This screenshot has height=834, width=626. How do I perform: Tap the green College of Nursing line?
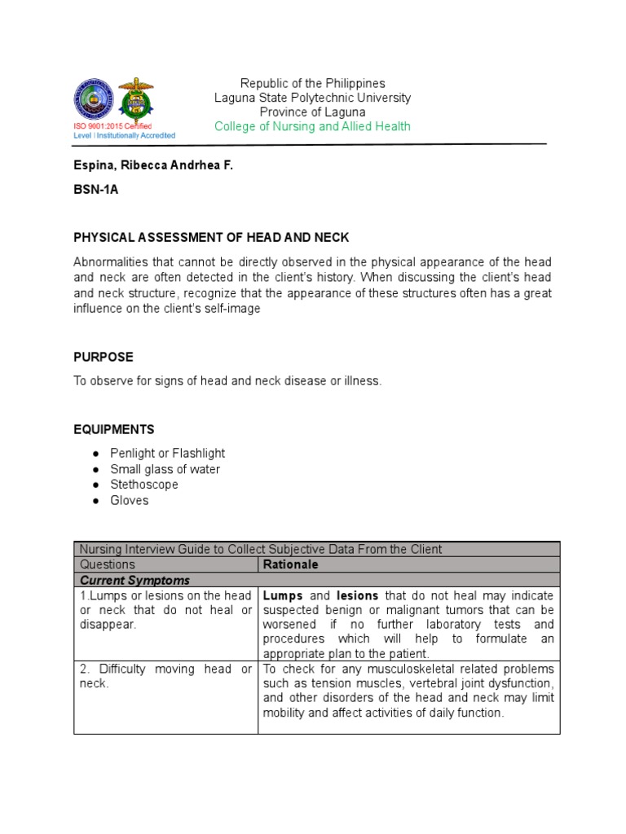pyautogui.click(x=312, y=126)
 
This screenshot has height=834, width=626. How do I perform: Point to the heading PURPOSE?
pyautogui.click(x=104, y=358)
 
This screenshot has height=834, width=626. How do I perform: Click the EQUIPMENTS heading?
pyautogui.click(x=114, y=429)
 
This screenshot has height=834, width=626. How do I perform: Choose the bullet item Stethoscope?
pyautogui.click(x=144, y=485)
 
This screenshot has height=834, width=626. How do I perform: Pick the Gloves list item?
pyautogui.click(x=130, y=500)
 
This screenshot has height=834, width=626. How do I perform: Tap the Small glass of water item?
pyautogui.click(x=165, y=469)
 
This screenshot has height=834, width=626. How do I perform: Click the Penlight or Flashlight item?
pyautogui.click(x=168, y=453)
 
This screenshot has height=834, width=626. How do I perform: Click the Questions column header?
pyautogui.click(x=108, y=564)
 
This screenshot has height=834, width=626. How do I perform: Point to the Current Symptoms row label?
pyautogui.click(x=134, y=580)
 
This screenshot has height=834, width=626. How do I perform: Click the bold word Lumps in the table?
pyautogui.click(x=280, y=595)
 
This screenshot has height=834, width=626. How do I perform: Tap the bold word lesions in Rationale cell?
pyautogui.click(x=357, y=595)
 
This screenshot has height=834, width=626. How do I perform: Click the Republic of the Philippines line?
pyautogui.click(x=312, y=83)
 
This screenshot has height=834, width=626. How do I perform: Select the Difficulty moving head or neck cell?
pyautogui.click(x=165, y=676)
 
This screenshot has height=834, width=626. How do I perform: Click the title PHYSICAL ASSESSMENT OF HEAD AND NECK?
pyautogui.click(x=211, y=237)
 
